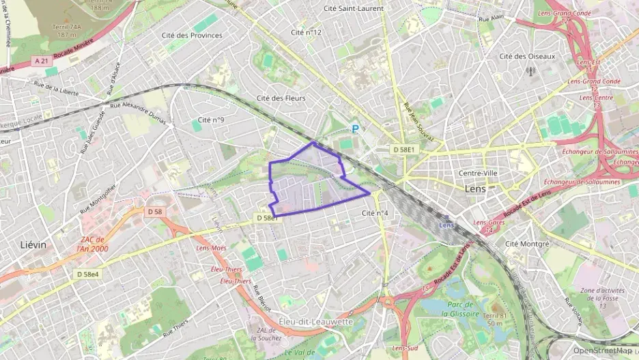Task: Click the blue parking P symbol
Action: [x=354, y=128]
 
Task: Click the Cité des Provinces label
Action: [x=192, y=35]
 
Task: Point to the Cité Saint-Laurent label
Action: [x=354, y=8]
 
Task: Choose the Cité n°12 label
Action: [x=306, y=32]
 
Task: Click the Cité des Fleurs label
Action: [x=281, y=98]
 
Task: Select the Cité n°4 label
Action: [x=375, y=213]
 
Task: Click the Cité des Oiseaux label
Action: [x=527, y=56]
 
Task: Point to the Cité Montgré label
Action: [x=527, y=243]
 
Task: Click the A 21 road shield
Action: [x=42, y=61]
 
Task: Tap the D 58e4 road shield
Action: [x=87, y=274]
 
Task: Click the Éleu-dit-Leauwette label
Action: [x=315, y=321]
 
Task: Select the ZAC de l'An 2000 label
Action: [x=94, y=244]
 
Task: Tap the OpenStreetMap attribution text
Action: [x=602, y=350]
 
